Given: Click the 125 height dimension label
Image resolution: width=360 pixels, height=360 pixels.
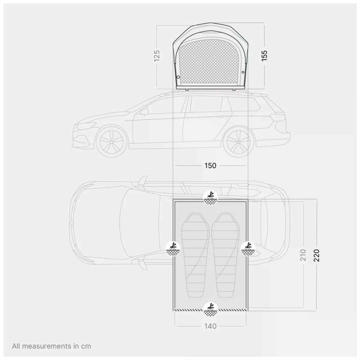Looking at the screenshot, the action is click(156, 55).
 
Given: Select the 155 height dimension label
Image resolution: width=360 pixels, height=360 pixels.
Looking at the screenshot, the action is click(264, 56).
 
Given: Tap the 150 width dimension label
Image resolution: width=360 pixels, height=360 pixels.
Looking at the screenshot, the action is click(210, 166).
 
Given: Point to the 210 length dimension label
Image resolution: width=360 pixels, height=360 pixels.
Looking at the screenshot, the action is click(303, 255).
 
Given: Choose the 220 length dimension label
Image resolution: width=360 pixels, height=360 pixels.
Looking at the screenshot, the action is click(316, 255).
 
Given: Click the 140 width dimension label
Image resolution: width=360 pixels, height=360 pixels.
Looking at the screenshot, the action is click(210, 326).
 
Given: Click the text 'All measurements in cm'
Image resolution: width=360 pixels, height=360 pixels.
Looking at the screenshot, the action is click(52, 346).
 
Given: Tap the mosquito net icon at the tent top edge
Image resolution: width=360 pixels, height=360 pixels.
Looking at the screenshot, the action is click(211, 198).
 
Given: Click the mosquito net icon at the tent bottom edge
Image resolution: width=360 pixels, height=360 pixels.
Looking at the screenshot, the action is click(211, 309).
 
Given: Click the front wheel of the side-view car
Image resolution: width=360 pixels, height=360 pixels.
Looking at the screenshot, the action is click(111, 142).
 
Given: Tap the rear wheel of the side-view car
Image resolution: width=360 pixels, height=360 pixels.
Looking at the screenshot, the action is click(239, 142).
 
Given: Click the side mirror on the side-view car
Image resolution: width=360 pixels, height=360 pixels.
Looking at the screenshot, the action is click(144, 112).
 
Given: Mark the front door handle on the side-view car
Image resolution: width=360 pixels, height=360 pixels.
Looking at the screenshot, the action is click(176, 118).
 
